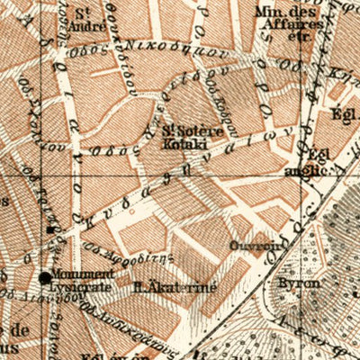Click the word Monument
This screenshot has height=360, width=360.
click(82, 273)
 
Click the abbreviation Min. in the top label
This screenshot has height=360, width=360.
click(265, 12)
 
